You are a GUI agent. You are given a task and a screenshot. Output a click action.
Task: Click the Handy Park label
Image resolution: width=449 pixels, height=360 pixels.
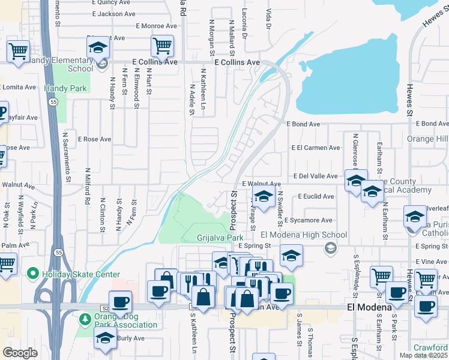pyautogui.click(x=65, y=89)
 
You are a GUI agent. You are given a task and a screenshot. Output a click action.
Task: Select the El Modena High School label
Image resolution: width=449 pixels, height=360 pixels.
pyautogui.click(x=304, y=235)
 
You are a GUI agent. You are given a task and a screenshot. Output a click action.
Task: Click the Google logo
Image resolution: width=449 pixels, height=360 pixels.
pyautogui.click(x=20, y=353)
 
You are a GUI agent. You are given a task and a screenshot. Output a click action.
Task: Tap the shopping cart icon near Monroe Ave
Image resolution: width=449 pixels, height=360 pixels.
pyautogui.click(x=162, y=46)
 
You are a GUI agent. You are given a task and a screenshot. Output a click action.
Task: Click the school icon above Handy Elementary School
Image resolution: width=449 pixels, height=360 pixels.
pyautogui.click(x=98, y=49)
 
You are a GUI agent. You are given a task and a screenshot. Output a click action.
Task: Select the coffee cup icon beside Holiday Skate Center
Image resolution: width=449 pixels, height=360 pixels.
pyautogui.click(x=121, y=302)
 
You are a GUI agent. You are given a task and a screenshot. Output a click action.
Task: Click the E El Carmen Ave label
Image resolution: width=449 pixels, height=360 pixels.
pyautogui.click(x=316, y=148)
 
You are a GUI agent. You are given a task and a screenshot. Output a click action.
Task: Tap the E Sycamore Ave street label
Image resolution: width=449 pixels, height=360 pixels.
pyautogui.click(x=309, y=221)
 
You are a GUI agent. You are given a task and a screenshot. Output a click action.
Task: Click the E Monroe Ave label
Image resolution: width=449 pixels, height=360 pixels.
pyautogui.click(x=156, y=26)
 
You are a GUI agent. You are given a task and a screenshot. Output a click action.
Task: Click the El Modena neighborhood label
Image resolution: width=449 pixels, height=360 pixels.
pyautogui.click(x=369, y=307)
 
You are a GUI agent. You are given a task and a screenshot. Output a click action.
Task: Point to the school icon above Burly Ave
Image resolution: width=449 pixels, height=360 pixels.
pyautogui.click(x=106, y=338)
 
